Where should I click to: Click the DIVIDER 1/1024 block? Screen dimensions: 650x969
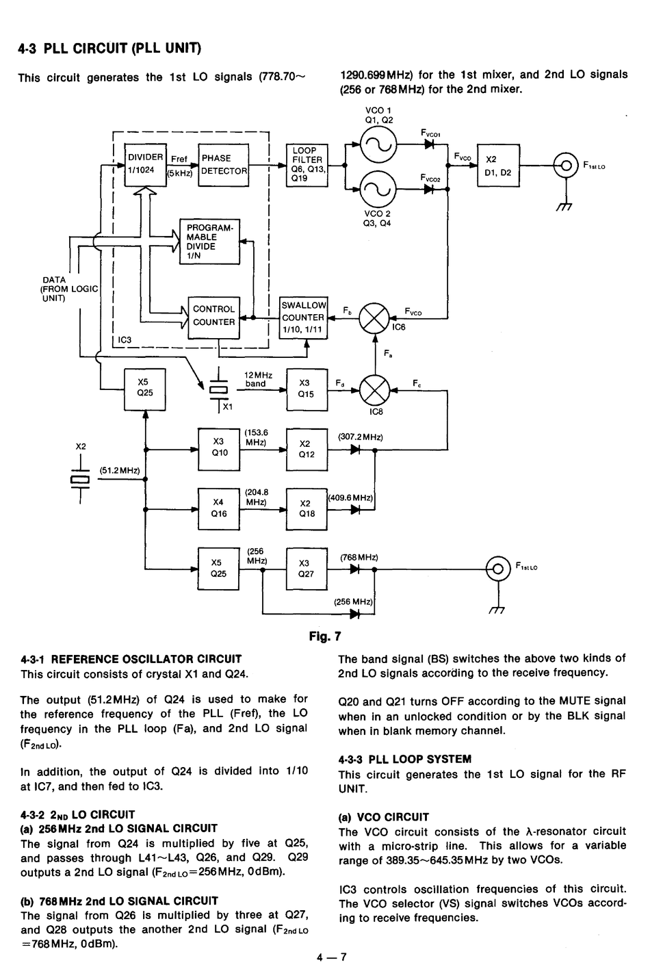tap(145, 165)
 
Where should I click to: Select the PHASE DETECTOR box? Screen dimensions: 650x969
tap(224, 165)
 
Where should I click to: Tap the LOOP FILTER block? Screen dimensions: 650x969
tap(307, 165)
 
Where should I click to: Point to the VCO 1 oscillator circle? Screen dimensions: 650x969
tap(378, 145)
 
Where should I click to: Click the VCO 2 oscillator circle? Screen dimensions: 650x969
tap(378, 189)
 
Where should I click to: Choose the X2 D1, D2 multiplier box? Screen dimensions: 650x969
tap(498, 165)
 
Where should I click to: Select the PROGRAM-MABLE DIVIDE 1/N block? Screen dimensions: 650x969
tap(210, 242)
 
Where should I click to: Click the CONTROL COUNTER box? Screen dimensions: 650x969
tap(213, 318)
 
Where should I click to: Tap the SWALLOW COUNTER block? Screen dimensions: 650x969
tap(303, 318)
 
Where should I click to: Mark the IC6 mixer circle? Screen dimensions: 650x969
tap(374, 318)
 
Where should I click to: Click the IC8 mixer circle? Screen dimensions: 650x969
tap(374, 390)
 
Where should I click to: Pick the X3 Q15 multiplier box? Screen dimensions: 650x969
tap(307, 389)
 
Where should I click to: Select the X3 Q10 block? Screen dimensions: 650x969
tap(219, 450)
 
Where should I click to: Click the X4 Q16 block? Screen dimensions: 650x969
tap(219, 509)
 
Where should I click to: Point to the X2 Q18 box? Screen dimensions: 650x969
tap(307, 509)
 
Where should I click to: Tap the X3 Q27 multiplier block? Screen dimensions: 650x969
tap(307, 569)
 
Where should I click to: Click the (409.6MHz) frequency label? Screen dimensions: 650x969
tap(350, 498)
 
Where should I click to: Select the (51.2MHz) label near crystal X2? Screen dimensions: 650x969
tap(120, 470)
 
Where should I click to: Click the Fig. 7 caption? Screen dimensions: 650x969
tap(325, 636)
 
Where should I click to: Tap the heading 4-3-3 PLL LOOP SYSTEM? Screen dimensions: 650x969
tap(405, 759)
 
